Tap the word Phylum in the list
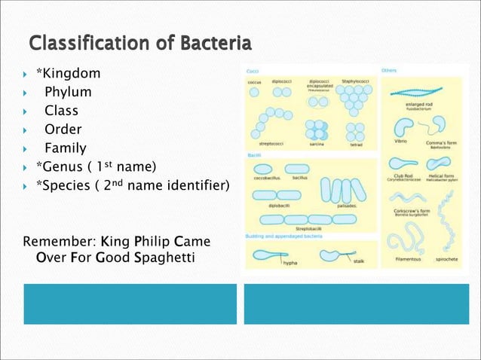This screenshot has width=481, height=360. point(68,92)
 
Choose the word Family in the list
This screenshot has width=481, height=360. point(65,148)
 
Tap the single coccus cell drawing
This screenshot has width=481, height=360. point(254,93)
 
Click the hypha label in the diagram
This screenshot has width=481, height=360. point(290,264)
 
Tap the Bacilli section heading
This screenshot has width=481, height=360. point(255,154)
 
